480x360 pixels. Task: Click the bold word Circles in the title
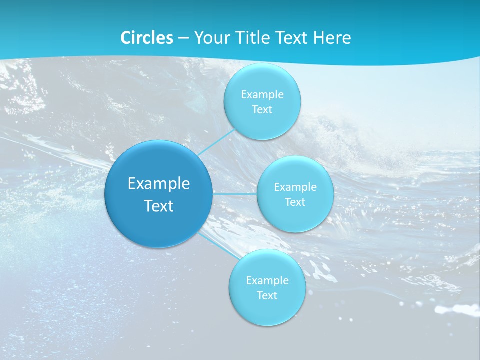tap(146, 38)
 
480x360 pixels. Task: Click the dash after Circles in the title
tap(183, 38)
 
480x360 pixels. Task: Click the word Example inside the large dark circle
tap(159, 183)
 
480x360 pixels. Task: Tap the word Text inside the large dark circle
tap(159, 206)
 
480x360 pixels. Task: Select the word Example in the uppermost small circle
tap(262, 94)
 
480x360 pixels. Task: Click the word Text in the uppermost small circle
tap(262, 110)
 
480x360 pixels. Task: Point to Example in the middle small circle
tap(295, 187)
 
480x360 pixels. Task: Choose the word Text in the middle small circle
tap(295, 202)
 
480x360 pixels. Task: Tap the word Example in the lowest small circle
tap(267, 280)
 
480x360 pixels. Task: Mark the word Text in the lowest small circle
tap(267, 296)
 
